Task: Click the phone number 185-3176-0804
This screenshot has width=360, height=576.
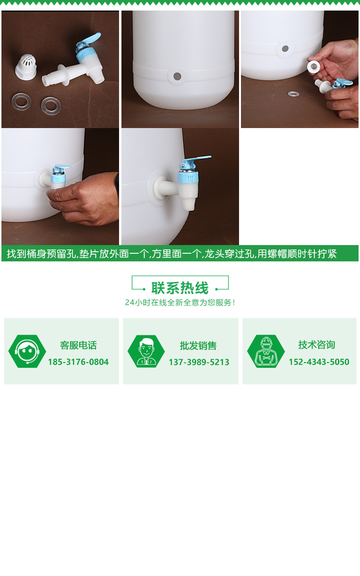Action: coord(78,362)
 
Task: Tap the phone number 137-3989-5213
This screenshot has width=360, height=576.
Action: coord(199,362)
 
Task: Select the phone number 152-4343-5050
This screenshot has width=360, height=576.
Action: coord(319,362)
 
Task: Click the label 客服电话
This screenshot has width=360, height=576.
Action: coord(78,345)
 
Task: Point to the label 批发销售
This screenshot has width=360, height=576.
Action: coord(198,345)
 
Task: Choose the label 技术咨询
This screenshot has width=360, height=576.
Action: coord(317,345)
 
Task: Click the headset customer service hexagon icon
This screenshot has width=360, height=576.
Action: coord(27,352)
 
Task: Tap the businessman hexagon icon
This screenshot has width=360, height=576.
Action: coord(146,352)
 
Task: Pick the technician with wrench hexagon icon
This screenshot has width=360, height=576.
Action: coord(266,352)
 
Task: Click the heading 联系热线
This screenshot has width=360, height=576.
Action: coord(180,288)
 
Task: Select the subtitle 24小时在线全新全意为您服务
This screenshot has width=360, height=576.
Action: coord(180,303)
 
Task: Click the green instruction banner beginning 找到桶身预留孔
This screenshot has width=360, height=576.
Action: coord(180,254)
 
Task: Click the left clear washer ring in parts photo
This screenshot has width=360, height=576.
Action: coord(22,101)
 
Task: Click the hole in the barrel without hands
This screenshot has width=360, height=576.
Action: coord(177,76)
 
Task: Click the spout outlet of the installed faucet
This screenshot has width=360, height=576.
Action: coord(188,206)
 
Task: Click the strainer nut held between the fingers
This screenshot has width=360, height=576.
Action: coord(314,67)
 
